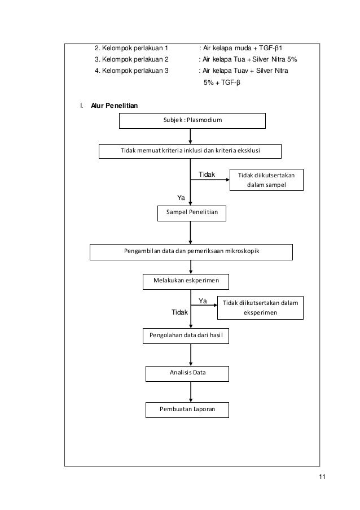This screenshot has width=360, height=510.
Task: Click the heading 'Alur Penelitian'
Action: [115, 106]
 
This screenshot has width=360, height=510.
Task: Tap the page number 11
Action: [322, 477]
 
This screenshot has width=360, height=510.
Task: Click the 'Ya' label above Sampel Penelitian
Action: [181, 198]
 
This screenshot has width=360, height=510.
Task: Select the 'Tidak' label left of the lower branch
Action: [179, 312]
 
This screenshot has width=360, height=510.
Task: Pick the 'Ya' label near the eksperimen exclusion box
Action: [203, 301]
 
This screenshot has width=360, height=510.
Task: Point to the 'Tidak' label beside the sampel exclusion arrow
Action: [207, 175]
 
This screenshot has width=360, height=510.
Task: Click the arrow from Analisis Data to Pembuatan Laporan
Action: [191, 392]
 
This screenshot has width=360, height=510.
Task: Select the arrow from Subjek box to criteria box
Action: [190, 136]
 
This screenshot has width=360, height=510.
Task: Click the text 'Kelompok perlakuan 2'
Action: [135, 59]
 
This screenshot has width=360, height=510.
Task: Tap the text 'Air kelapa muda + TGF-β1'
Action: [243, 48]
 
